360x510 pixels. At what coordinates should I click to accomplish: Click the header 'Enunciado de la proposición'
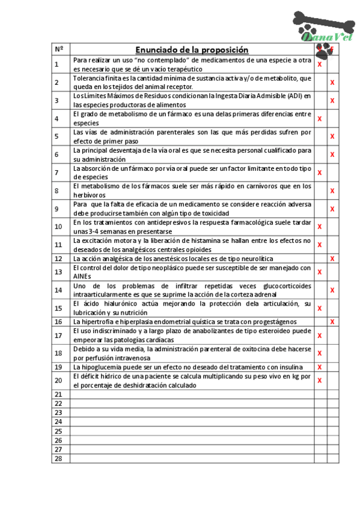[191, 49]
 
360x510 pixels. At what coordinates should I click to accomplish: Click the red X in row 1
[320, 64]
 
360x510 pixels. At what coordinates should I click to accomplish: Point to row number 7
[56, 173]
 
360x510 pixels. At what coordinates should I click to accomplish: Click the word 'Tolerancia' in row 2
[88, 78]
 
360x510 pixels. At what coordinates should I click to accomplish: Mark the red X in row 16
[332, 322]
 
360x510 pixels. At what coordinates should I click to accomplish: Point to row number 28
[58, 458]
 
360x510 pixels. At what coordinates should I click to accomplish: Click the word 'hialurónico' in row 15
[107, 304]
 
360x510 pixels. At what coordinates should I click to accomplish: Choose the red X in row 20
[320, 380]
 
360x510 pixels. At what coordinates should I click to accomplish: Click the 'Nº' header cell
[58, 49]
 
